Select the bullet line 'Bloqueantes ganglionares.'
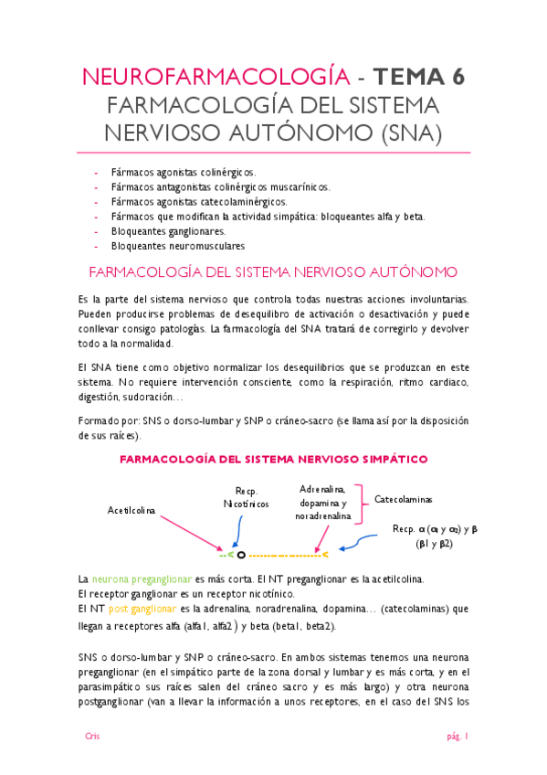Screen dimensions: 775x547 pos(168,231)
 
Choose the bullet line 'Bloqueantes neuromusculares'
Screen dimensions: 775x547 pos(177,246)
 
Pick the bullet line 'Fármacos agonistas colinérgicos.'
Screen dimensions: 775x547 pos(183,172)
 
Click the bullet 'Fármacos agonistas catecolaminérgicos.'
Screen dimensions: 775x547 pos(198,202)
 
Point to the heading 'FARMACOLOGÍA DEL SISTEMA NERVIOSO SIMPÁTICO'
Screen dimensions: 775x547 pos(273,459)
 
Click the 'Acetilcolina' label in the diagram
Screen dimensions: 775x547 pos(131,510)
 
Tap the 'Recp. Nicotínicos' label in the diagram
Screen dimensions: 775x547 pos(246,498)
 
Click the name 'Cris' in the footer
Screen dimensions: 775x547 pos(91,736)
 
